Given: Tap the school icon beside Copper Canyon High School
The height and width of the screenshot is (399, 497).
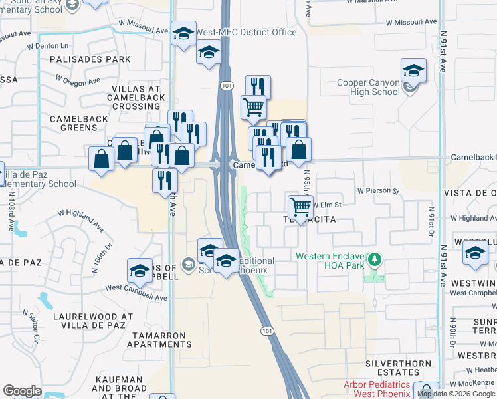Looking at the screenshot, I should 413,71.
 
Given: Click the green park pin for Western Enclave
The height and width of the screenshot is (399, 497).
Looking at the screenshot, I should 375,259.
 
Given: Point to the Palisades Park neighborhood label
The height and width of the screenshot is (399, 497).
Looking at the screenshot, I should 90,59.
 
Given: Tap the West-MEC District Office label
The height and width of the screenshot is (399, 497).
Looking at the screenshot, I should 247,33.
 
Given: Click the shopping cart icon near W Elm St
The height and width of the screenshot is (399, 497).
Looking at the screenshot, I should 301,207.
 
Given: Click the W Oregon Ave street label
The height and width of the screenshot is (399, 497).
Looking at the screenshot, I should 77,80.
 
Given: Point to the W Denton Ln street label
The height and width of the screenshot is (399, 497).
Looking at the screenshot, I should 48,47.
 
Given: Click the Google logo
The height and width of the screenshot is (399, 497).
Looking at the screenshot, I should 22,391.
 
